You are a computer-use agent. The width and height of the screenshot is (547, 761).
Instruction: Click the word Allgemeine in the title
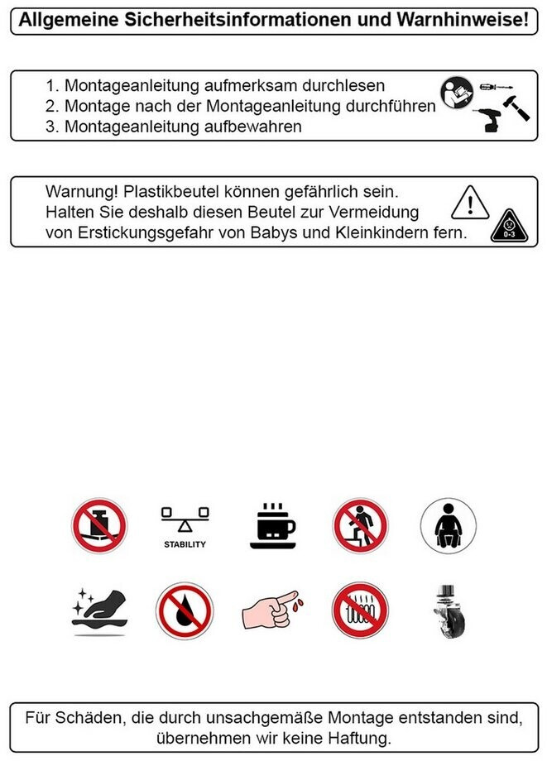point(69,21)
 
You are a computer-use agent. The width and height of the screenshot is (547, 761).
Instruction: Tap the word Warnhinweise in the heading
point(461,21)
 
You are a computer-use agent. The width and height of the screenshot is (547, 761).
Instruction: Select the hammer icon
point(516,108)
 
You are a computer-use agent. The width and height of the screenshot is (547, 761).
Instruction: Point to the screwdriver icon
point(496,88)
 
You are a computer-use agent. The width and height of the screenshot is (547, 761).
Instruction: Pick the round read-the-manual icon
point(457,93)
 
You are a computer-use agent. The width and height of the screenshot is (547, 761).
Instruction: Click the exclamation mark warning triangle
point(470,203)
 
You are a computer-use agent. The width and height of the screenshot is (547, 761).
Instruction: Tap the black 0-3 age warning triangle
point(509,226)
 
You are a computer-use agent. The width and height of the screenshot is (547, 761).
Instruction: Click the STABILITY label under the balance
point(185,544)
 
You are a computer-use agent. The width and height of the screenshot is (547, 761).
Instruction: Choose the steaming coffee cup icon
point(273,526)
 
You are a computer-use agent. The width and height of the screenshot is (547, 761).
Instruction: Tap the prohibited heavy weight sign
point(99,525)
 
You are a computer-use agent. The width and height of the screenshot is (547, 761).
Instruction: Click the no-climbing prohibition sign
point(360,525)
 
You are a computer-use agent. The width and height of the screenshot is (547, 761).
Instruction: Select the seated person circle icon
point(448,525)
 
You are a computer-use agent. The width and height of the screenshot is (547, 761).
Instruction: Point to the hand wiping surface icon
point(99,611)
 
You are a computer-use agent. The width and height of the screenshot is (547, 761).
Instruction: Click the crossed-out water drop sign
point(185,611)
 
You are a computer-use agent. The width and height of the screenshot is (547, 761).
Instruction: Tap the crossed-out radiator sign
point(360,610)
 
